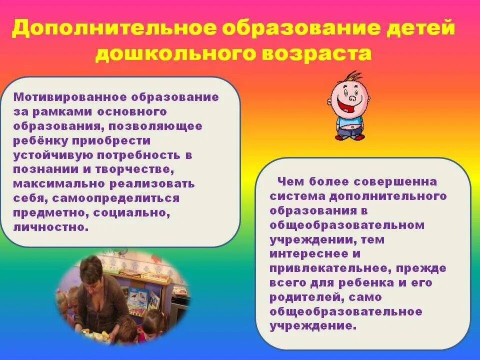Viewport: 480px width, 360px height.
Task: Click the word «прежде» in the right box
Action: [426, 268]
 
